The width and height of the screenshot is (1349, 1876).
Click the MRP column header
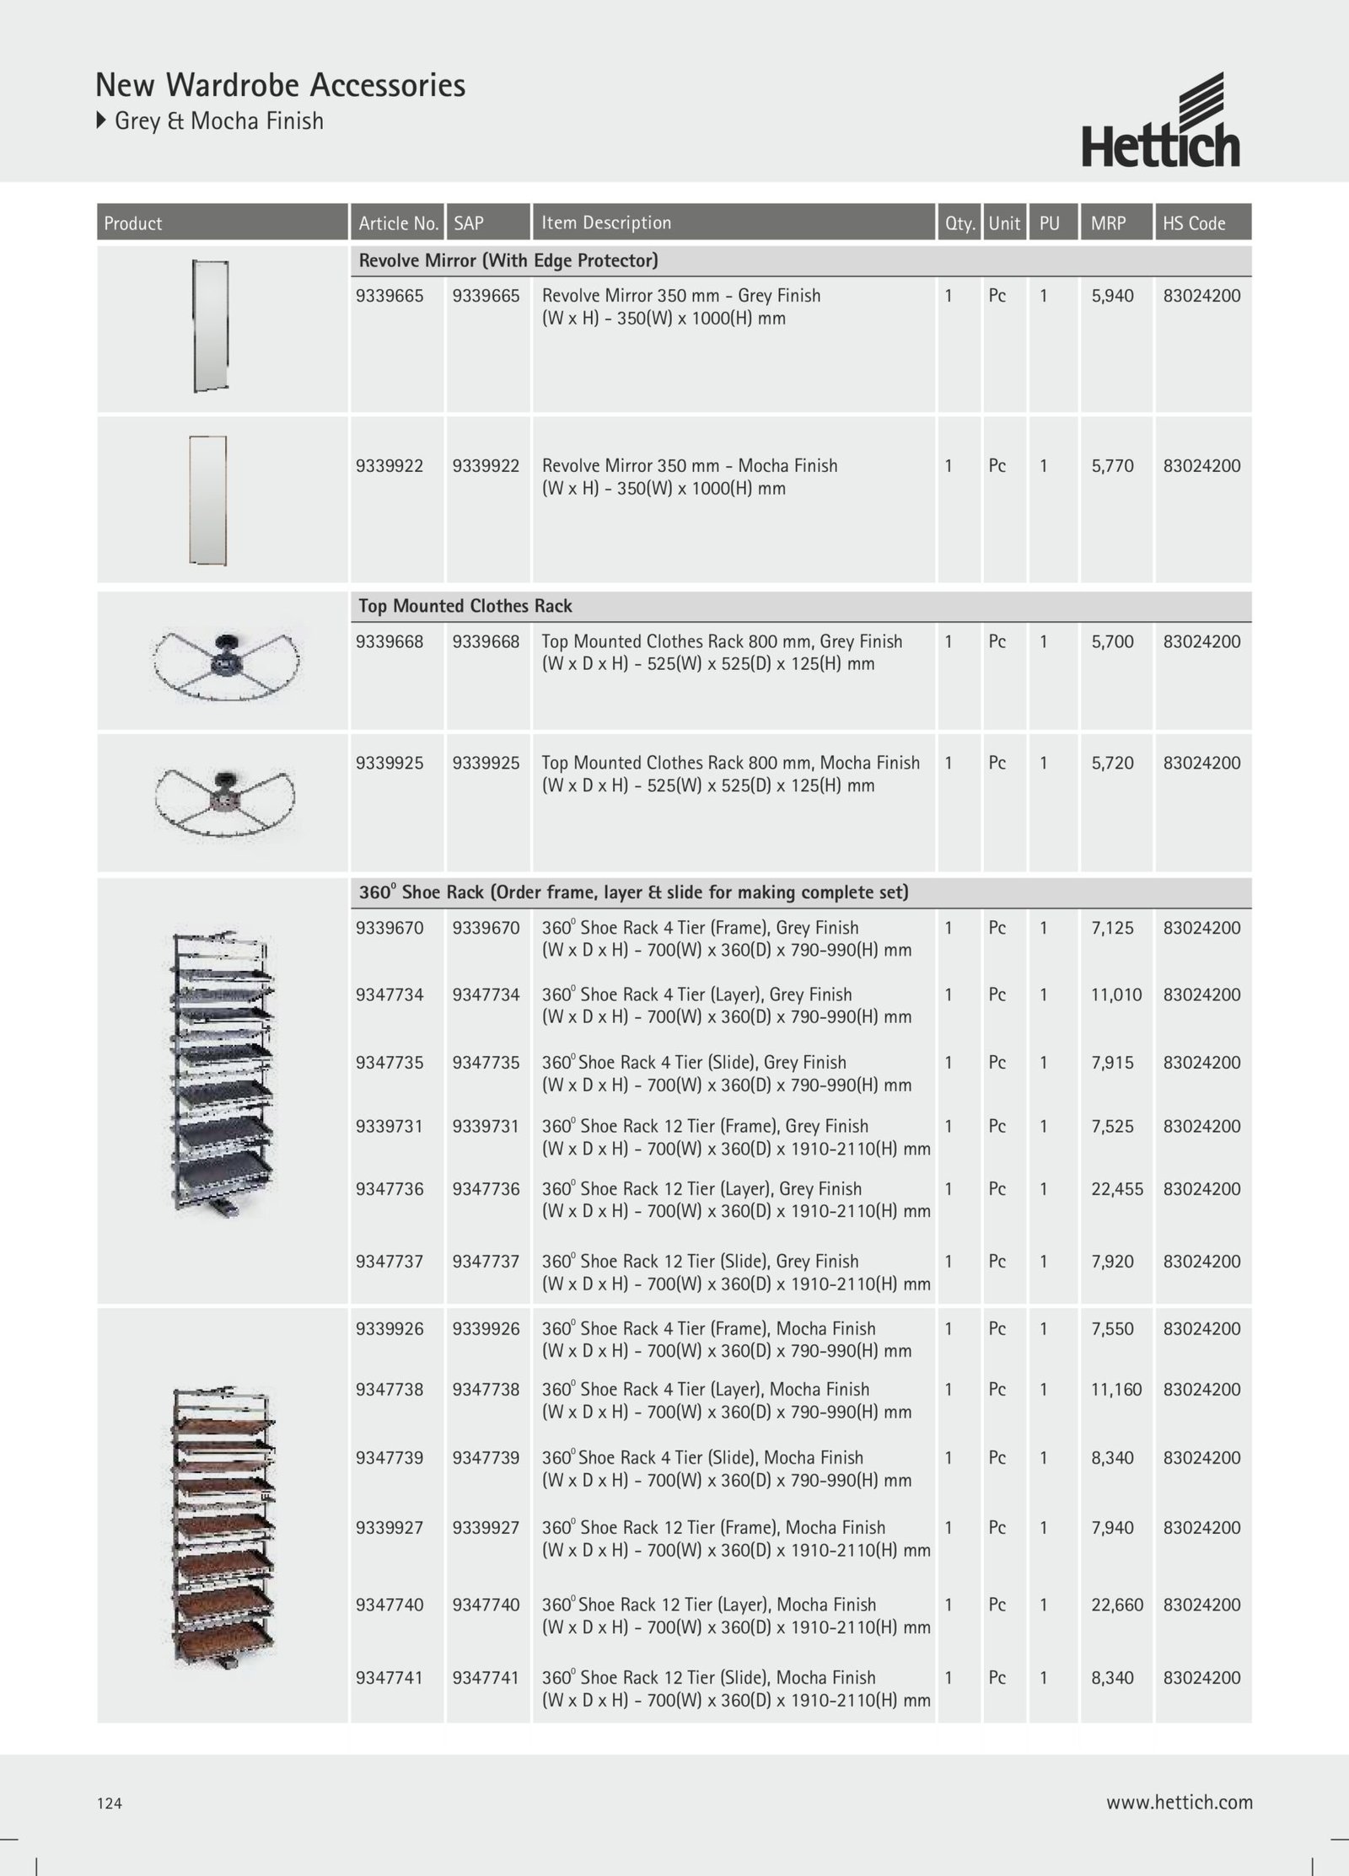[x=1108, y=223]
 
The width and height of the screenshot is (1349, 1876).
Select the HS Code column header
[x=1194, y=223]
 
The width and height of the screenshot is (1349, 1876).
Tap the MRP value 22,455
[x=1117, y=1189]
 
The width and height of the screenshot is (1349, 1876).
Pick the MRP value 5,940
[x=1112, y=296]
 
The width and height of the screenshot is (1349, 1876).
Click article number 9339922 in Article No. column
[x=390, y=466]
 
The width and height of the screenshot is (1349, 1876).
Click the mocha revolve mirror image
[x=207, y=500]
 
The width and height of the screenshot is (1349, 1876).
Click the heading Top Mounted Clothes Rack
[x=465, y=606]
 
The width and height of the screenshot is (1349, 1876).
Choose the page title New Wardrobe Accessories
[x=280, y=85]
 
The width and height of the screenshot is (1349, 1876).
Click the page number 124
[x=110, y=1803]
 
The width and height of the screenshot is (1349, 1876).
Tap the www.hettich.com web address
[x=1179, y=1802]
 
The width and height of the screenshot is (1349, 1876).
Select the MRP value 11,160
[x=1116, y=1389]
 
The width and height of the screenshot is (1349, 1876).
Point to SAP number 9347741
[x=486, y=1677]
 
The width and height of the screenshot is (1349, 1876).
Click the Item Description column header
[x=606, y=222]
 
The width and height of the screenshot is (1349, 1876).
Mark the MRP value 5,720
[x=1112, y=763]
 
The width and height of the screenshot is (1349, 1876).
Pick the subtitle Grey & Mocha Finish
[x=218, y=121]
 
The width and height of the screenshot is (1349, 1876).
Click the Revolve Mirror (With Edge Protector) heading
[x=508, y=260]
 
